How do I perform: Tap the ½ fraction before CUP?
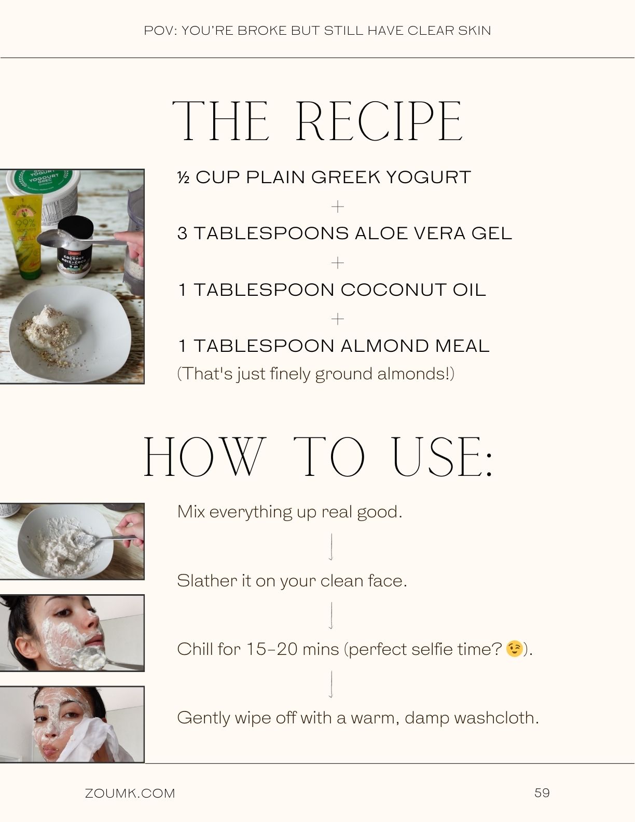click(x=183, y=177)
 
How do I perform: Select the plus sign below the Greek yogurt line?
click(x=337, y=207)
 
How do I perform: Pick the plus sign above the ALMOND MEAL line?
click(x=337, y=319)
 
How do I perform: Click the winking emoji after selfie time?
click(x=514, y=649)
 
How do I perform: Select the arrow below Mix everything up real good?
click(x=331, y=546)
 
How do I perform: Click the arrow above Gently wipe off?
click(x=331, y=684)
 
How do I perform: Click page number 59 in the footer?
click(x=542, y=792)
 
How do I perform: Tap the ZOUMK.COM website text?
click(x=130, y=793)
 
